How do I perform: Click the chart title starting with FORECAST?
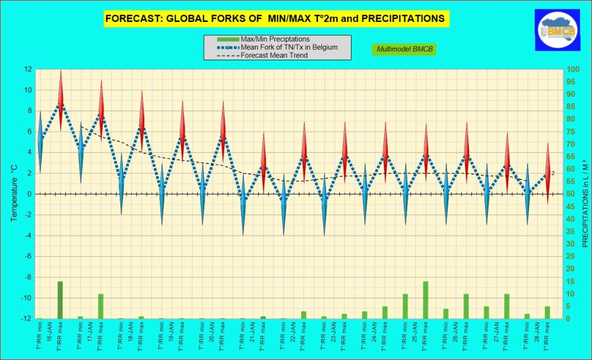click(275, 18)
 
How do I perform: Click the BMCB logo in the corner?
click(557, 30)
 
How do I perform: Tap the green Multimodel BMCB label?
click(404, 49)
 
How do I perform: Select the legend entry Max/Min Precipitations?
click(263, 39)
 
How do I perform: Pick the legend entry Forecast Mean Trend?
click(262, 55)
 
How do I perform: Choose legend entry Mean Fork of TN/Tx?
click(277, 47)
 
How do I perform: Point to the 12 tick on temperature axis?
click(28, 69)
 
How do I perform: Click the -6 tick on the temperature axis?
click(28, 257)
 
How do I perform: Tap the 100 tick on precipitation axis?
click(573, 69)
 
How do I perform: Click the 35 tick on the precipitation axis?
click(571, 232)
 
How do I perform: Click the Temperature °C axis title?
click(14, 193)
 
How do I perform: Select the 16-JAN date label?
click(50, 332)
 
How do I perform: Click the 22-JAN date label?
click(293, 332)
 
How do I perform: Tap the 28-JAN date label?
click(537, 332)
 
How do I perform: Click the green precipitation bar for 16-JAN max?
click(60, 300)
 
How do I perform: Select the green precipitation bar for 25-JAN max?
click(425, 300)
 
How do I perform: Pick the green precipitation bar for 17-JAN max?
click(101, 306)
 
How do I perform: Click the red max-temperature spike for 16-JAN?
click(60, 101)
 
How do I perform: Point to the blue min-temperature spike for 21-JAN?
click(243, 204)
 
